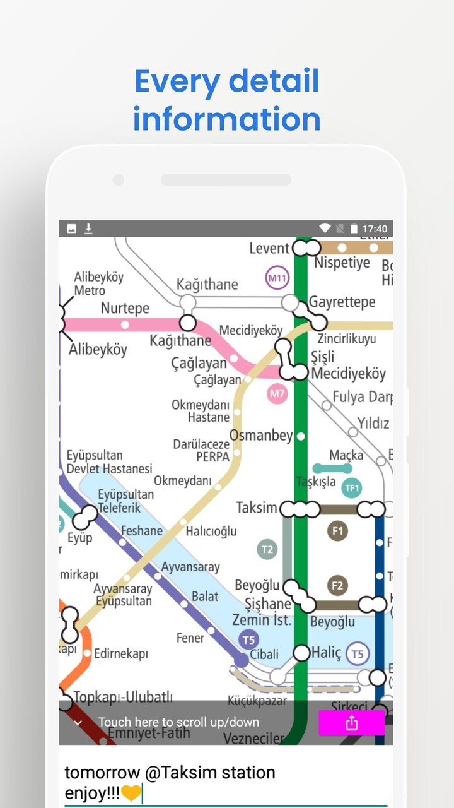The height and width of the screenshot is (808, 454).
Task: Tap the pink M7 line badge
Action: coord(277,395)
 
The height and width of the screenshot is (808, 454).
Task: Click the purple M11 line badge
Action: coord(277,278)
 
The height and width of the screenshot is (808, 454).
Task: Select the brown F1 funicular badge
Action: coord(337,531)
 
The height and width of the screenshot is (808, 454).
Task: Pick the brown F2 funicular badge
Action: coord(337,586)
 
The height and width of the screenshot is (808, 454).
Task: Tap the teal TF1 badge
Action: coord(351,487)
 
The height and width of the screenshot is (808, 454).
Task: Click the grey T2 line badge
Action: coord(267,549)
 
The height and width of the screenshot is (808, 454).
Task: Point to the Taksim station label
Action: coord(257,508)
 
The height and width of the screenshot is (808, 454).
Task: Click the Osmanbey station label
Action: coord(261,436)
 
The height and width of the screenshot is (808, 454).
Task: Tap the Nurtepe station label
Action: coord(125,309)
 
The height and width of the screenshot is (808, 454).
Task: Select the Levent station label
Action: coord(269,249)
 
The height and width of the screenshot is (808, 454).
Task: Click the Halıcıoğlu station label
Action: coord(211,532)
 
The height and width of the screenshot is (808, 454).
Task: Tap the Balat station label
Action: coord(205,597)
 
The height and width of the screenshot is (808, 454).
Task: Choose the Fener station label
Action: coord(190,638)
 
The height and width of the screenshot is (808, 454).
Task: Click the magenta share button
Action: coord(351,723)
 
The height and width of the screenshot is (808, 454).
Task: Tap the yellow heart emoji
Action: coord(131,793)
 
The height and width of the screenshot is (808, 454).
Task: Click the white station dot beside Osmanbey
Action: coord(301,436)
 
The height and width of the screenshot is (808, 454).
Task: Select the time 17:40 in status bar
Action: coord(375,229)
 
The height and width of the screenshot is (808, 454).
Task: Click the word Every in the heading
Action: coord(177,82)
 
